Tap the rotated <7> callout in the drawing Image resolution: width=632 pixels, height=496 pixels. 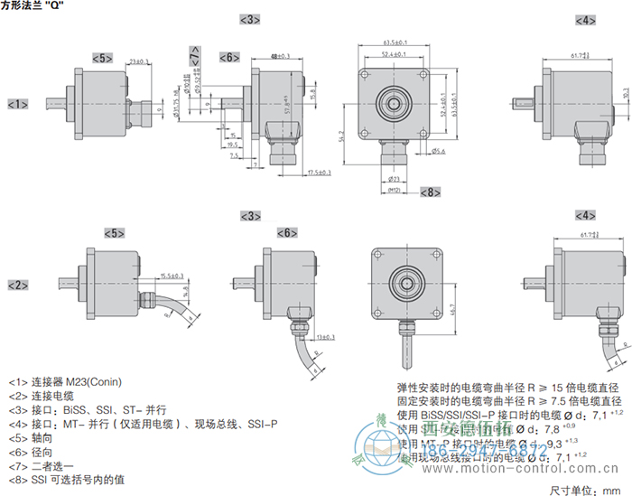(195, 57)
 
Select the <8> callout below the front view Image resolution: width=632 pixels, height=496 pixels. (430, 192)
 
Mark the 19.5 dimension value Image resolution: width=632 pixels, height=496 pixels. (232, 144)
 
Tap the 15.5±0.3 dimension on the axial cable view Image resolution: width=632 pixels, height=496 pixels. (172, 276)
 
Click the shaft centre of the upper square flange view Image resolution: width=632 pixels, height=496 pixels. (394, 104)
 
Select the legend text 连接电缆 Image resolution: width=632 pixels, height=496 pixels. (53, 395)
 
